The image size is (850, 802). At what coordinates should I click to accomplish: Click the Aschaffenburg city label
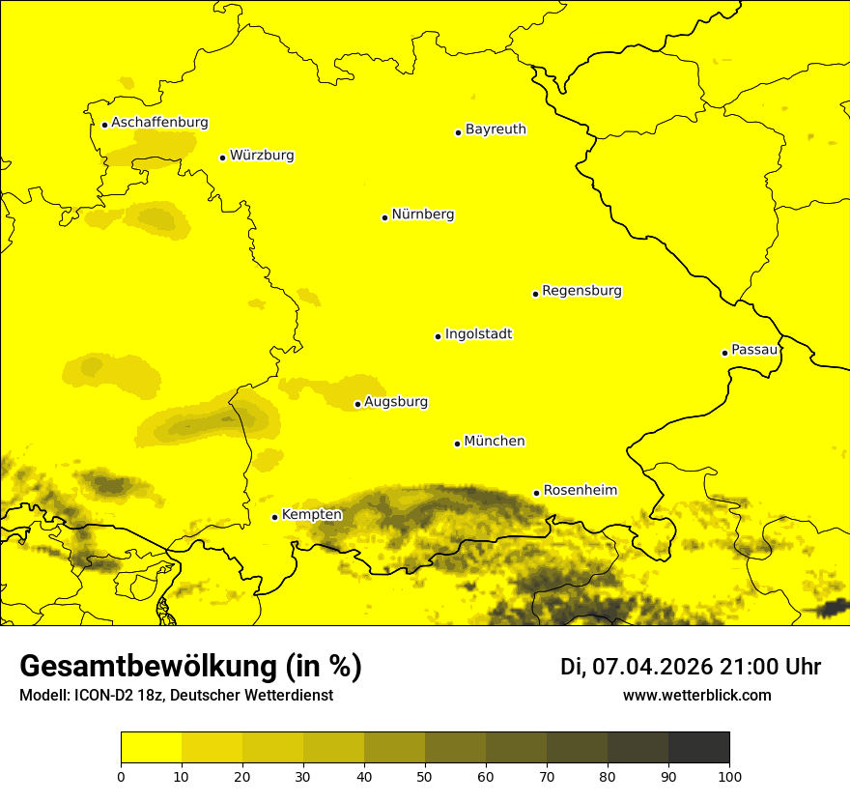[x=159, y=123]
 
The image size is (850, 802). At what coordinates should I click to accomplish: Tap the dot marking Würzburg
[x=222, y=158]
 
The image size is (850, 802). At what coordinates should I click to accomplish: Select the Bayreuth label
[x=496, y=129]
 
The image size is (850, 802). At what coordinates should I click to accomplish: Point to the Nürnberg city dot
[x=384, y=217]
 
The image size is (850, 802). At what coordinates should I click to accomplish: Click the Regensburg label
[x=581, y=291]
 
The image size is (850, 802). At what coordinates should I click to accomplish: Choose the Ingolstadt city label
[x=478, y=334]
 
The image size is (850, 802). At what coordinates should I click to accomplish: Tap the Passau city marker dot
[x=724, y=353]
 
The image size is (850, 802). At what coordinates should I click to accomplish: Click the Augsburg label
[x=396, y=402]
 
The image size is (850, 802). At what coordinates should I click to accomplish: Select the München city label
[x=495, y=442]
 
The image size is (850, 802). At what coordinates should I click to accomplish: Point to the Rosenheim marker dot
[x=536, y=494]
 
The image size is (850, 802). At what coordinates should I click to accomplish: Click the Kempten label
[x=311, y=515]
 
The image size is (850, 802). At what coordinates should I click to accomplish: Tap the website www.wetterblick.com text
[x=696, y=696]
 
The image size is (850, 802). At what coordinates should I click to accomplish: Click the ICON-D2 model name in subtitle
[x=107, y=696]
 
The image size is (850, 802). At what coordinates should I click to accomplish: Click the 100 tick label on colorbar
[x=729, y=775]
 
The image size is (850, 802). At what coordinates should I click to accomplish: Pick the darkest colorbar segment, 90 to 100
[x=698, y=747]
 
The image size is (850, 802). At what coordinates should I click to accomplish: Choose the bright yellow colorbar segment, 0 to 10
[x=151, y=747]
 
